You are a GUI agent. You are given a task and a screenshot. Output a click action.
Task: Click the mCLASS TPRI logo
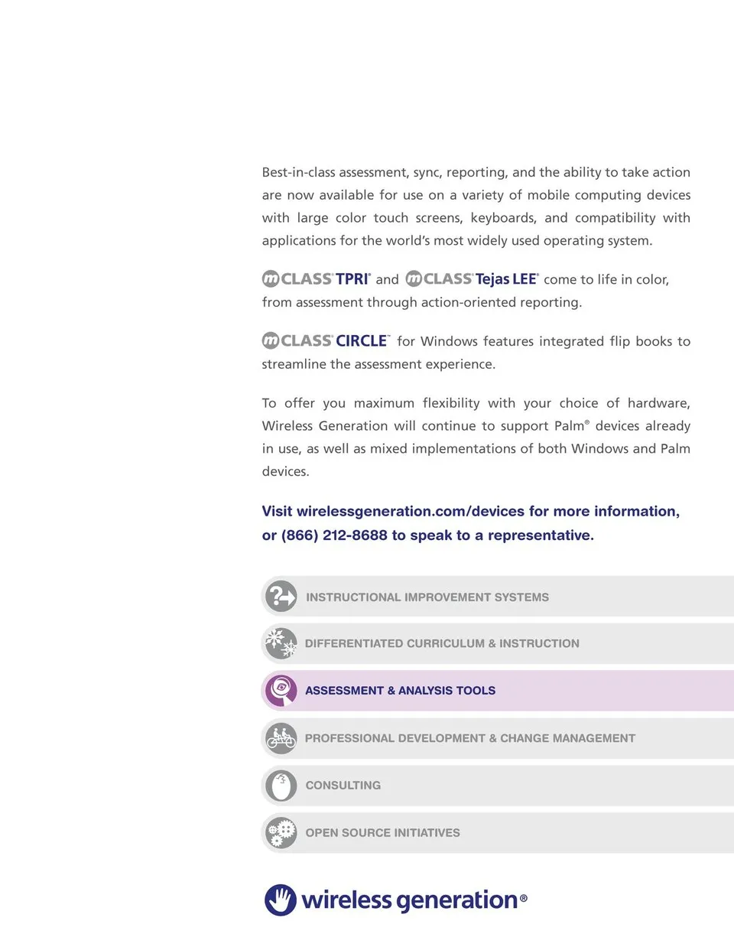[x=316, y=279]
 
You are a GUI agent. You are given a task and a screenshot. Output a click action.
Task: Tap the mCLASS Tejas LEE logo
[x=472, y=279]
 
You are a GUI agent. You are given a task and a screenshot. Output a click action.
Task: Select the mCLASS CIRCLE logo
[x=325, y=340]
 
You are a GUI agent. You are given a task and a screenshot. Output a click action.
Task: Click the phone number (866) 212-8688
[x=334, y=535]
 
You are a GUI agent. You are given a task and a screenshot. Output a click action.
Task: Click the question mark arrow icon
[x=281, y=597]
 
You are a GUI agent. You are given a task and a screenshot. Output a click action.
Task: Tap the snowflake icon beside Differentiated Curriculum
[x=281, y=643]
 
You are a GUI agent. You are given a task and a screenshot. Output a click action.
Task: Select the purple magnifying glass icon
[x=281, y=691]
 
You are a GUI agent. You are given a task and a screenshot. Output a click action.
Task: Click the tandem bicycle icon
[x=281, y=738]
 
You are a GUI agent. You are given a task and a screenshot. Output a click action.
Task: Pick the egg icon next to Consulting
[x=281, y=786]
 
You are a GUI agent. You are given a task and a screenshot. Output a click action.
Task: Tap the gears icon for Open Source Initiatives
[x=281, y=832]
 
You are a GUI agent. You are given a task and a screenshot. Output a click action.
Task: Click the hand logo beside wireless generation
[x=281, y=900]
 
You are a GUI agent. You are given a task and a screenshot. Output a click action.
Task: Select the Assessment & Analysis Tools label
[x=400, y=691]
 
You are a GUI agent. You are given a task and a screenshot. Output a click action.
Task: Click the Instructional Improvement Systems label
[x=427, y=597]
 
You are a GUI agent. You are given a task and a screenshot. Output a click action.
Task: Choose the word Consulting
[x=343, y=786]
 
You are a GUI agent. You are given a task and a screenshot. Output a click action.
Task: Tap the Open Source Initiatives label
[x=382, y=833]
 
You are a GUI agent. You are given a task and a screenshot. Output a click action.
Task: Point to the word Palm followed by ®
[x=569, y=426]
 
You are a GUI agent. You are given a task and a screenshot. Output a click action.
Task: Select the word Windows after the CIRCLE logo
[x=448, y=341]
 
